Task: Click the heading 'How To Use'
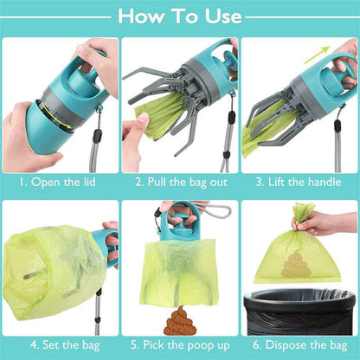(x=180, y=16)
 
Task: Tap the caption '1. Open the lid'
(x=59, y=183)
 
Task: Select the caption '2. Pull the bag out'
(x=179, y=183)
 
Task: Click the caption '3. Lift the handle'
(x=299, y=183)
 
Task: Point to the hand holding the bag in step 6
(x=333, y=223)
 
